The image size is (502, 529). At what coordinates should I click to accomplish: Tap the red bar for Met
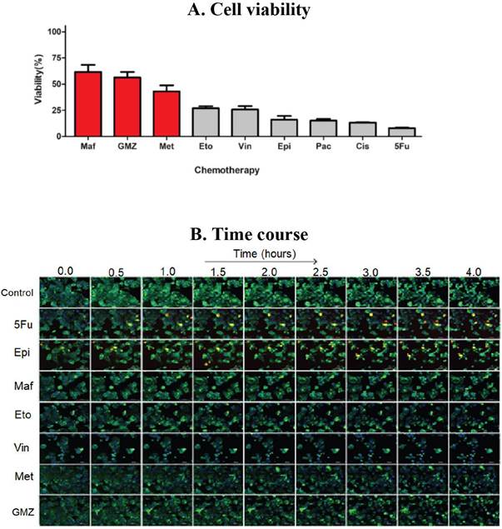(x=167, y=113)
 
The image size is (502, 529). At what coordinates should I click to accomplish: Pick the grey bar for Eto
(x=206, y=122)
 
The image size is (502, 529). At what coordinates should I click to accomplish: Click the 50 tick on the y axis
(x=58, y=84)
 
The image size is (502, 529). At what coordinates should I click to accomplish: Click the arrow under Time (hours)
(x=259, y=261)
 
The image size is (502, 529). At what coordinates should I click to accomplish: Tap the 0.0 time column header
(x=65, y=270)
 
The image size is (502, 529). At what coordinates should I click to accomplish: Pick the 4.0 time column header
(x=475, y=270)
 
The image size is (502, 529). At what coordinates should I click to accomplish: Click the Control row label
(x=18, y=293)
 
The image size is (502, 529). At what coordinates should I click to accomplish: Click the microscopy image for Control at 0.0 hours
(x=65, y=292)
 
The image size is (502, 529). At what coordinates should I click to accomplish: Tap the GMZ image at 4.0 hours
(x=475, y=509)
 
